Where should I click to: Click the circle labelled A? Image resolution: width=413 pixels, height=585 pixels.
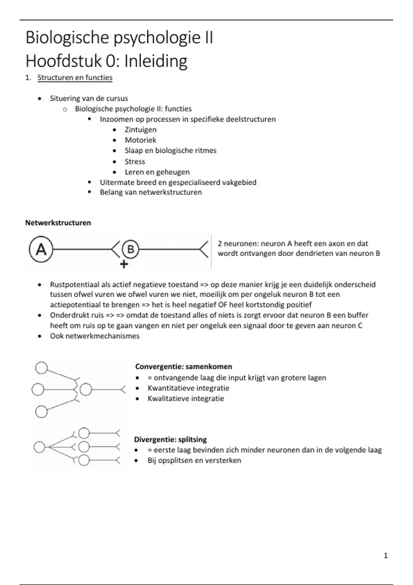point(41,249)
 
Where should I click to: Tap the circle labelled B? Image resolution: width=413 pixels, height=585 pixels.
point(130,249)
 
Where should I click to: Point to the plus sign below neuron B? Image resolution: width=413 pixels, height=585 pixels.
point(124,264)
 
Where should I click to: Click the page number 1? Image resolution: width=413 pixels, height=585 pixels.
point(385,555)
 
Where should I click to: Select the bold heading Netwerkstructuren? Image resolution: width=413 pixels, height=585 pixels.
point(58,223)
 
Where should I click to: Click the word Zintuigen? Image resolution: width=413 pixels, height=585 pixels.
point(140,130)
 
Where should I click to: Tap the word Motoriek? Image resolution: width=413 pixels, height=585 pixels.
point(140,140)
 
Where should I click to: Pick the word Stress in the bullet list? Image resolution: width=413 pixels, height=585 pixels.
point(135,161)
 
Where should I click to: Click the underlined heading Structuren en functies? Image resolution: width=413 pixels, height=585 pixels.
point(75,78)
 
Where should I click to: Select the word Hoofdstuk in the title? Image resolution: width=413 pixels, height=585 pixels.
point(63,61)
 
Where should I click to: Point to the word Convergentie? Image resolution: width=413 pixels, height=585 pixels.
point(159,366)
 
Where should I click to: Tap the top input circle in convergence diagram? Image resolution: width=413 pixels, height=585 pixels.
point(41,368)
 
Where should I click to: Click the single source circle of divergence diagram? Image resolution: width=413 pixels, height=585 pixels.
point(39,447)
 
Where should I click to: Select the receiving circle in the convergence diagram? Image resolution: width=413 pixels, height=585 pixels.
point(86,390)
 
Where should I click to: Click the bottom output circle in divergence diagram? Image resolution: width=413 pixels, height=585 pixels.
point(84,460)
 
